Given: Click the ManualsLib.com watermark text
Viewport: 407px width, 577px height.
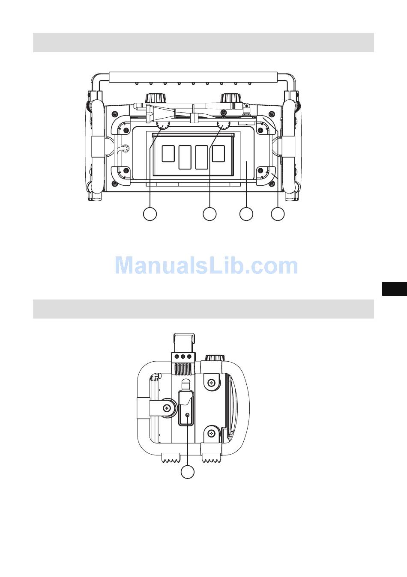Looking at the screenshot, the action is pyautogui.click(x=206, y=265).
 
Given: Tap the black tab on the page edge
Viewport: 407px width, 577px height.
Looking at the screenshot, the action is pyautogui.click(x=395, y=289).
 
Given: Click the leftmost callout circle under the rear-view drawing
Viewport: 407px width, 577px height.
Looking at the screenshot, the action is pyautogui.click(x=150, y=214).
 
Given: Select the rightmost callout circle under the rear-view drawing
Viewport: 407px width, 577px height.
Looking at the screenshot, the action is pyautogui.click(x=278, y=214).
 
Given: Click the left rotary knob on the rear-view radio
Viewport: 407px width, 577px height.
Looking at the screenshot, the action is pyautogui.click(x=156, y=98).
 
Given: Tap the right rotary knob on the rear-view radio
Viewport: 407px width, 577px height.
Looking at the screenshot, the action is pyautogui.click(x=230, y=98).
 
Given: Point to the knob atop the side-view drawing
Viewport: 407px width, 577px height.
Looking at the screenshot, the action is pyautogui.click(x=215, y=358).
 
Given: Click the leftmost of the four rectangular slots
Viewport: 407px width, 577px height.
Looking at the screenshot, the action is pyautogui.click(x=168, y=154).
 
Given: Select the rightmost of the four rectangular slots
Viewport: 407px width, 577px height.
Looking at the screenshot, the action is pyautogui.click(x=218, y=154).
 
